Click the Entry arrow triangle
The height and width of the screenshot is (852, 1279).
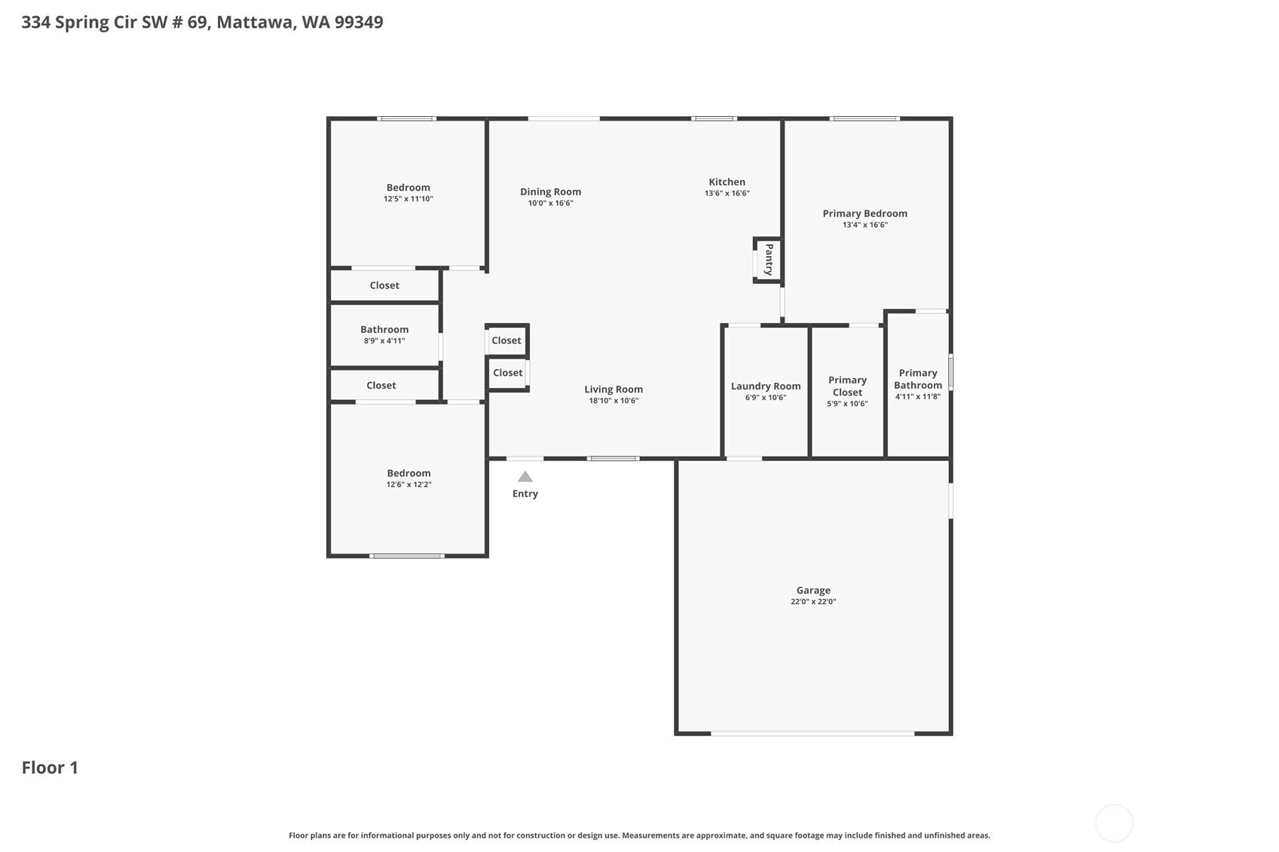(525, 477)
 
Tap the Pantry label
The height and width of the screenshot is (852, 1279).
(769, 259)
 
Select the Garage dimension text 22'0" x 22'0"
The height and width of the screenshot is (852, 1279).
(813, 602)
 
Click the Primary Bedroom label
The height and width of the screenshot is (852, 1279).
(864, 213)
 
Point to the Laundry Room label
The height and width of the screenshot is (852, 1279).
(765, 386)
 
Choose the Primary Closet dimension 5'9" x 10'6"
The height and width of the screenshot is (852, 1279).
(847, 404)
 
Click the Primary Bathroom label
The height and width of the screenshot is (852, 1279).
(918, 379)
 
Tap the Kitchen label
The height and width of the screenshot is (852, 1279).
(727, 182)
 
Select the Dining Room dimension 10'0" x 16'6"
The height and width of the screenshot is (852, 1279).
(550, 203)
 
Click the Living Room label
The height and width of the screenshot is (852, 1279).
(613, 389)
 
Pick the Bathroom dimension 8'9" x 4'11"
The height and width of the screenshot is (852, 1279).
(384, 341)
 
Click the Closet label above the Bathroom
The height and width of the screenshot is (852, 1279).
(384, 286)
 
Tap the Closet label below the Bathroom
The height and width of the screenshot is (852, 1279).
(381, 385)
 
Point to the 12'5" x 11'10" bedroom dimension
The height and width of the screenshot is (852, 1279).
(408, 199)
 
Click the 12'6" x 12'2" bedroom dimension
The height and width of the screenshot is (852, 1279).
(408, 484)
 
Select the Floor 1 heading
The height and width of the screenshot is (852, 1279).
(50, 768)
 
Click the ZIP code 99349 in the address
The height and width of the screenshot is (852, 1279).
(359, 22)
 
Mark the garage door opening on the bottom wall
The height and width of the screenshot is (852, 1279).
(812, 733)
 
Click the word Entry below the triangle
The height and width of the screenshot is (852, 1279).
(525, 493)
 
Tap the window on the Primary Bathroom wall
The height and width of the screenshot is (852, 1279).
(950, 373)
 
